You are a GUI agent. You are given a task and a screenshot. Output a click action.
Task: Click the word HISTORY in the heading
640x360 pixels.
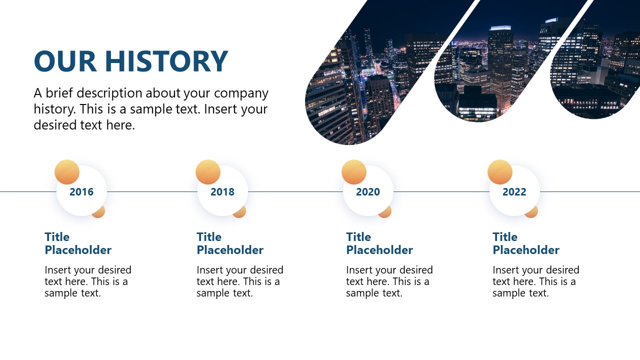166,61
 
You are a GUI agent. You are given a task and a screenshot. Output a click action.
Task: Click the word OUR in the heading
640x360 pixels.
65,61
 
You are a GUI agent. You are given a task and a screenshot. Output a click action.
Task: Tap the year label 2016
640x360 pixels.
81,192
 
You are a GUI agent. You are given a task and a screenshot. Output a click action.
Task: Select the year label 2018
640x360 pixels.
222,192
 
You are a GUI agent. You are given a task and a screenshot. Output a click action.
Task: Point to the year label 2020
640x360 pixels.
368,192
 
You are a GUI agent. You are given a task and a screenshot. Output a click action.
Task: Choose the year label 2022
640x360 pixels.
514,192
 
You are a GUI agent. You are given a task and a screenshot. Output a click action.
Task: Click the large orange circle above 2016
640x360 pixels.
67,172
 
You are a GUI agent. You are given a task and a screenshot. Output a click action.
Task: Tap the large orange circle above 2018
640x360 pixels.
208,172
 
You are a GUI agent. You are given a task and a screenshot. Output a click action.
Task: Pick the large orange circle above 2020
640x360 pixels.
354,172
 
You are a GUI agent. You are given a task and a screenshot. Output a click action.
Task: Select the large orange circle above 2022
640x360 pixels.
500,172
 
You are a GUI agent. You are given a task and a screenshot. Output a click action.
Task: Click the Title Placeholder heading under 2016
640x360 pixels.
78,243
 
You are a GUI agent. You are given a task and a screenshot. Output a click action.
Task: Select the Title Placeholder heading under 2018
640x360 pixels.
230,243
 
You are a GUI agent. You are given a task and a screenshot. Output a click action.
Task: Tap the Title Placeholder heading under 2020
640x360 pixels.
379,243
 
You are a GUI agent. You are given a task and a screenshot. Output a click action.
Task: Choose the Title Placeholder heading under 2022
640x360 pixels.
526,243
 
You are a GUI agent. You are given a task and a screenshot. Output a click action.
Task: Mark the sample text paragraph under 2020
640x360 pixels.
389,281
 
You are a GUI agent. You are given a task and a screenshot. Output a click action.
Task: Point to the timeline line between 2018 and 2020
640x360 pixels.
295,191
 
